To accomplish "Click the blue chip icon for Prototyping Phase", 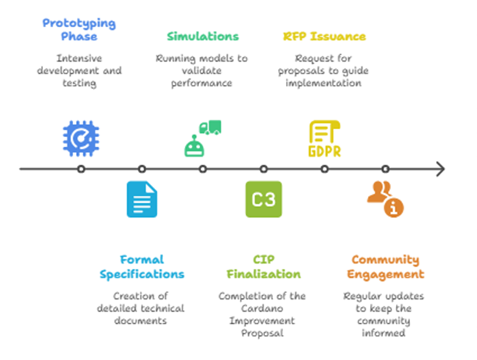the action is tap(81, 139).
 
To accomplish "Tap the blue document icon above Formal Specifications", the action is tap(142, 199).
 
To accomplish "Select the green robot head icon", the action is tap(194, 147).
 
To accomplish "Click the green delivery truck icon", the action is tap(210, 127).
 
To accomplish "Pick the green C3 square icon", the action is tap(264, 199).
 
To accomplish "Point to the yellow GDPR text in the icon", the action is tap(325, 151).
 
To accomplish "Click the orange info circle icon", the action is tap(394, 208).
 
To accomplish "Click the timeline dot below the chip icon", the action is tap(81, 169).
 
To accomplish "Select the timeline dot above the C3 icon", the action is tap(264, 169).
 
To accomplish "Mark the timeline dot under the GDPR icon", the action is tap(325, 169).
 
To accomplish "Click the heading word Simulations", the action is tap(203, 37).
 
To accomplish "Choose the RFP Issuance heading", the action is tap(324, 37).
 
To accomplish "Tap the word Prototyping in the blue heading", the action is tap(79, 24).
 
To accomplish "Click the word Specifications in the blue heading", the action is tap(142, 274).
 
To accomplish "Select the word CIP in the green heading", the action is tap(264, 259).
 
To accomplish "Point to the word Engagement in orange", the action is tap(386, 274).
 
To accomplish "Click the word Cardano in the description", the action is tap(262, 308).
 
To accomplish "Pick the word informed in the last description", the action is tap(384, 333).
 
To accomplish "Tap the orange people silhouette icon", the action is tap(379, 192).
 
